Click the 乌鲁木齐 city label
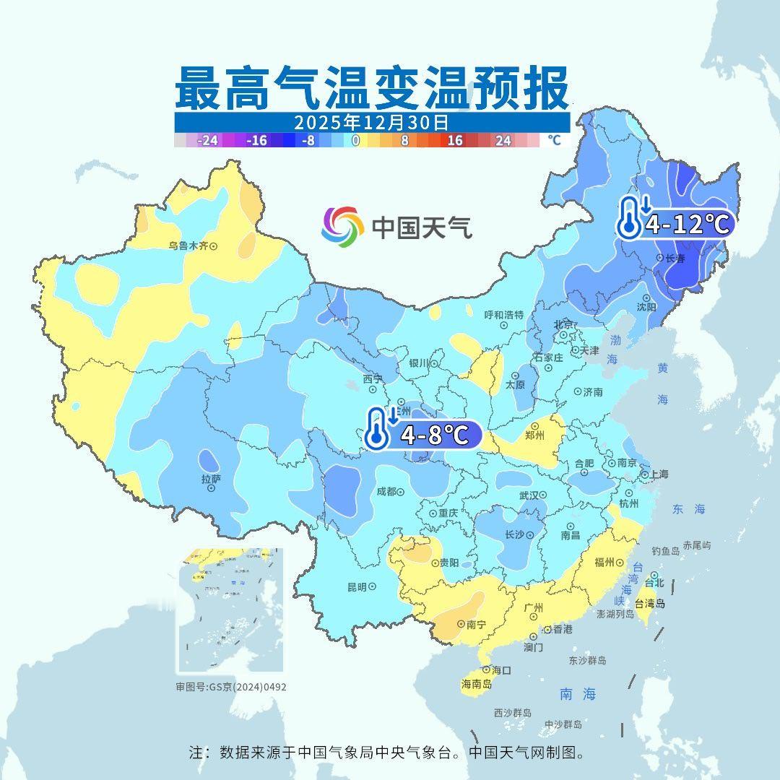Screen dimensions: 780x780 (188, 246)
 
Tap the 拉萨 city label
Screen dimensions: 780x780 (211, 479)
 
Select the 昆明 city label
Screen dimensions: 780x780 (357, 586)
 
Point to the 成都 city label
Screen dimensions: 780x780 (386, 491)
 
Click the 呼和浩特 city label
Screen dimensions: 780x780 (503, 315)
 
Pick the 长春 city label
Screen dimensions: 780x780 (675, 258)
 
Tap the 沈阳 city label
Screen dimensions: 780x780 (646, 306)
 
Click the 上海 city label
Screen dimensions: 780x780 (658, 474)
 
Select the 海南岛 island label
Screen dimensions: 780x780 (476, 683)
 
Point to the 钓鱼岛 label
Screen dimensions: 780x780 (665, 551)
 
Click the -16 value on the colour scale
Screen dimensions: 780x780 (256, 141)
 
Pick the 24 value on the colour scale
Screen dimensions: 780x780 (503, 141)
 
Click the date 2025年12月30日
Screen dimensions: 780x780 (371, 122)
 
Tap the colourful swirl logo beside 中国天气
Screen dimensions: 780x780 (342, 226)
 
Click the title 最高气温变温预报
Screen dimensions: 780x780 (371, 88)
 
